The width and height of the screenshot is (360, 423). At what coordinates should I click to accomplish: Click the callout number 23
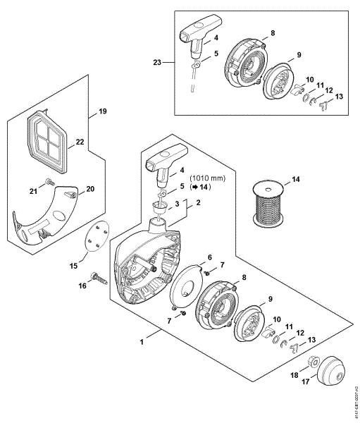pos(156,62)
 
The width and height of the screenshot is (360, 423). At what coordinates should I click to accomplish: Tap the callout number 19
pos(102,111)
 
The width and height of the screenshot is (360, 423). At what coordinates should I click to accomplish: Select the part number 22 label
pos(80,142)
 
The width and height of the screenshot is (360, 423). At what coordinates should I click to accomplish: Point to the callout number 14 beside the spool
pos(296,180)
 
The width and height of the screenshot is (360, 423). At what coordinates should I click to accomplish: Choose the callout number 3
pos(177,204)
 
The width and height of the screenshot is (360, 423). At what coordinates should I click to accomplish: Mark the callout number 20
pos(89,189)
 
